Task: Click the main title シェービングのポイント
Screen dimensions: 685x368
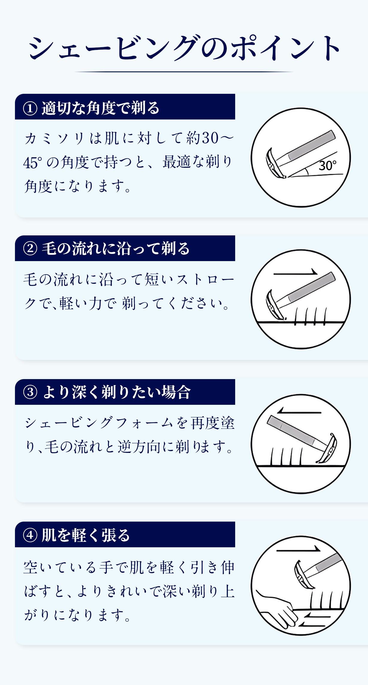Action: tap(184, 48)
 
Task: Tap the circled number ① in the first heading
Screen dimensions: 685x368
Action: tap(30, 108)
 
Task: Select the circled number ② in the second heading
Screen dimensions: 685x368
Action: tap(30, 249)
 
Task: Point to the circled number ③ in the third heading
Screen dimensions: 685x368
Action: tap(30, 392)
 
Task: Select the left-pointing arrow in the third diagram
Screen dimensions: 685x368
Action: tap(299, 413)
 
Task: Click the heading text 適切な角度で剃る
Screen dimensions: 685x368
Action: tap(101, 108)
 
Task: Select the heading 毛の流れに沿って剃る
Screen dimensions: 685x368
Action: tap(115, 249)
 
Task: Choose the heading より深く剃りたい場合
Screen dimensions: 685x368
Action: tap(116, 392)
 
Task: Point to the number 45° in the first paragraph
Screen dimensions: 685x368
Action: tap(33, 163)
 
